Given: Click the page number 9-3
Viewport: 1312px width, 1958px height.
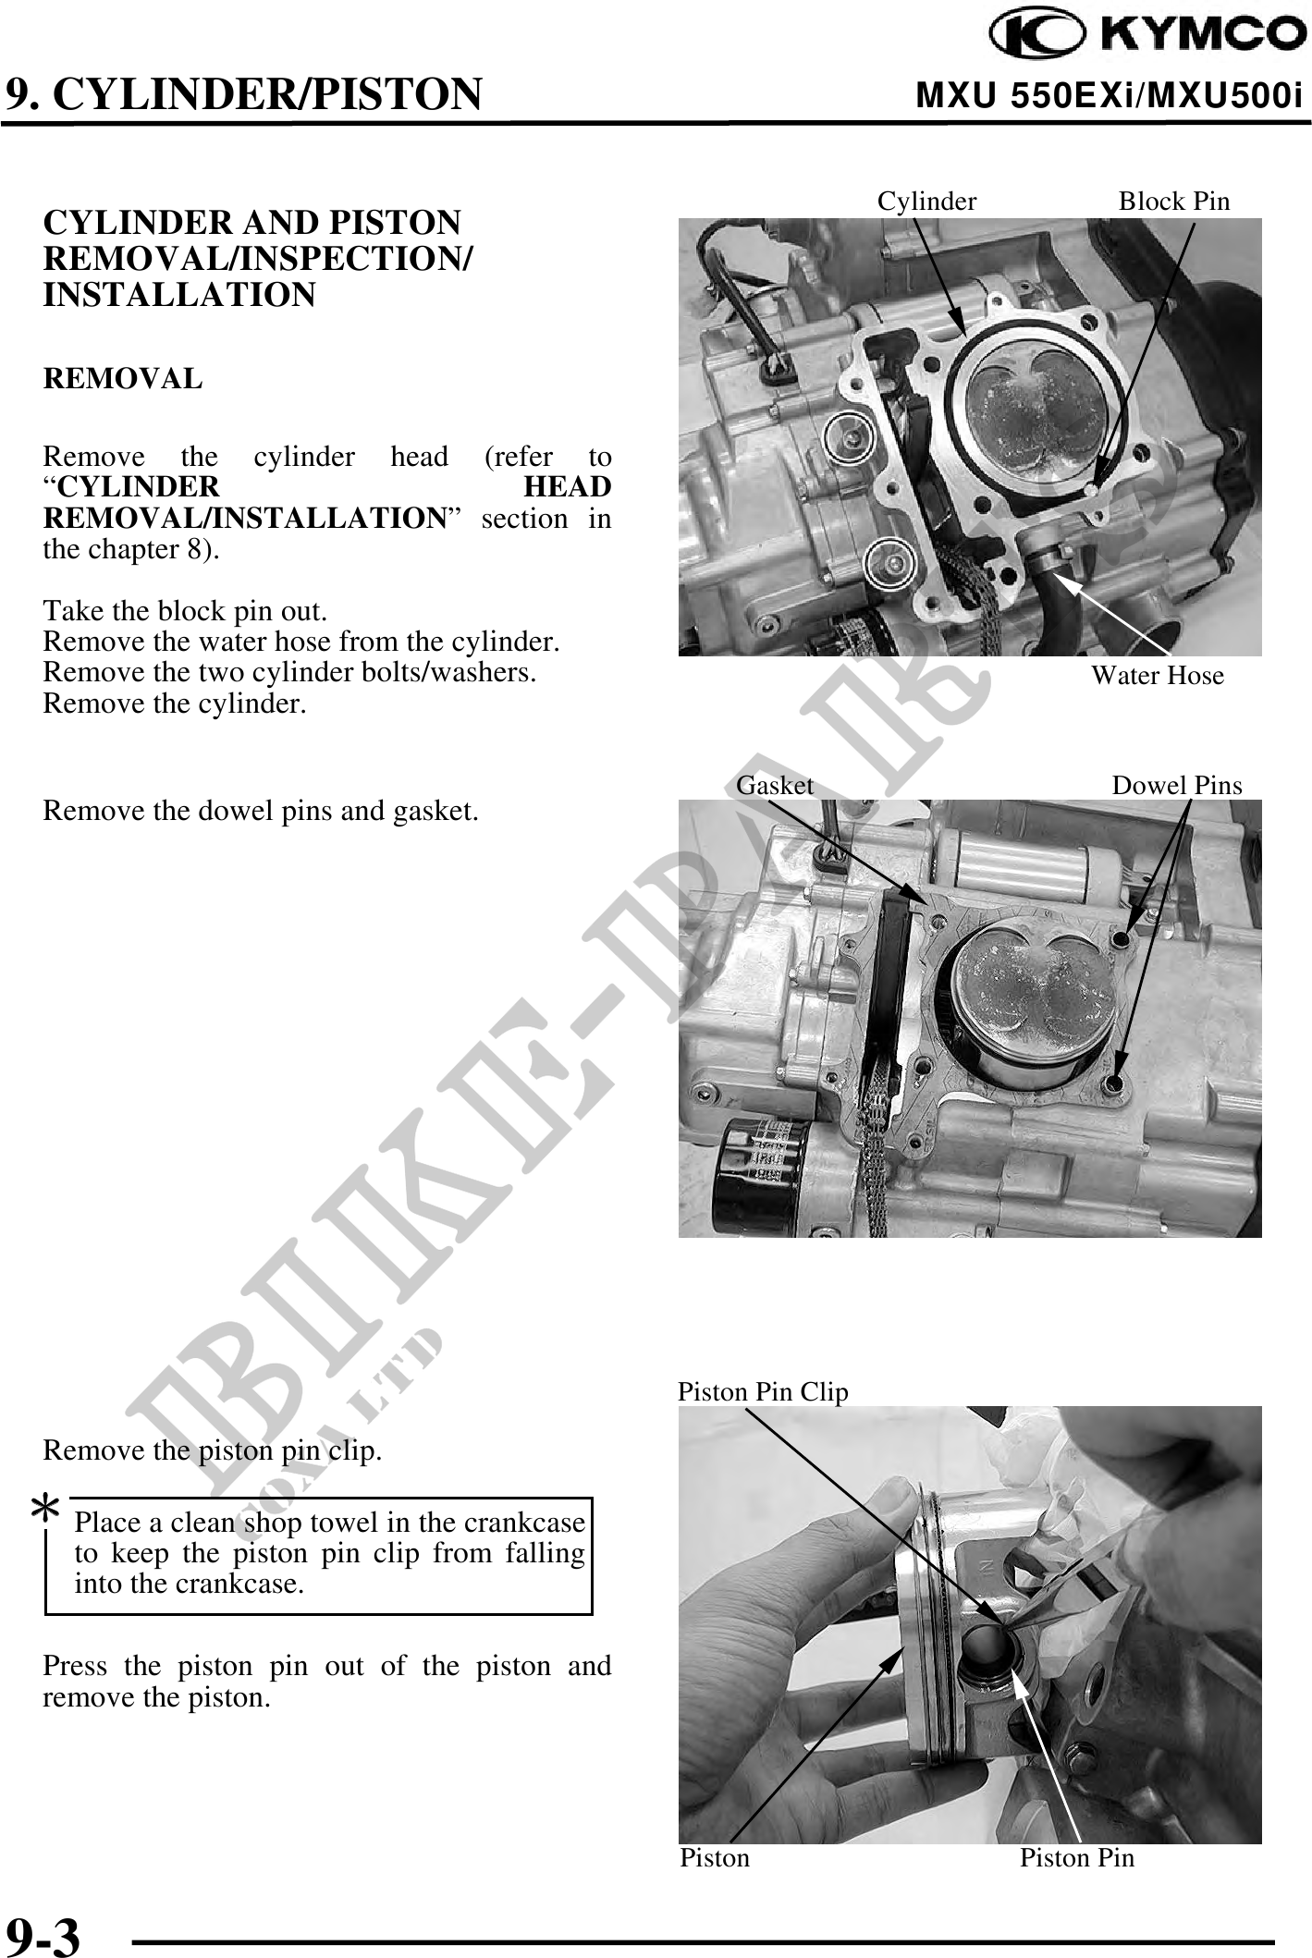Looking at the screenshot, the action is tap(43, 1934).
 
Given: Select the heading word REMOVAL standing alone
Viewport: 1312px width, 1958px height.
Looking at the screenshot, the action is tap(123, 378).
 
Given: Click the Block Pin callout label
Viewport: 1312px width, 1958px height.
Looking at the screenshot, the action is tap(1174, 201).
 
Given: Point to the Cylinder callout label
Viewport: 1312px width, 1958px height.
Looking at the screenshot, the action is tap(926, 201).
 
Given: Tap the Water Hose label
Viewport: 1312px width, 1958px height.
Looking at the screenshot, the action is tap(1157, 675).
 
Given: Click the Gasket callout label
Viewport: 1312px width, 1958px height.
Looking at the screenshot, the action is tap(775, 785).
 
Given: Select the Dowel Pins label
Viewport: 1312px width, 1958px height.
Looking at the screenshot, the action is tap(1177, 785).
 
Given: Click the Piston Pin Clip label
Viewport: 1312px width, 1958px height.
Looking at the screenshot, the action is tap(763, 1391).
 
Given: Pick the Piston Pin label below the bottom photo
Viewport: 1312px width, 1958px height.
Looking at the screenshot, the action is tap(1077, 1857).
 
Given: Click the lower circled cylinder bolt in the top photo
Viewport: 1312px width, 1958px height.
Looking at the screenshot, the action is tap(891, 561).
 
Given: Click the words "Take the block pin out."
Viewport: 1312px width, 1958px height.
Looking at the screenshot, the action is tap(185, 611).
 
